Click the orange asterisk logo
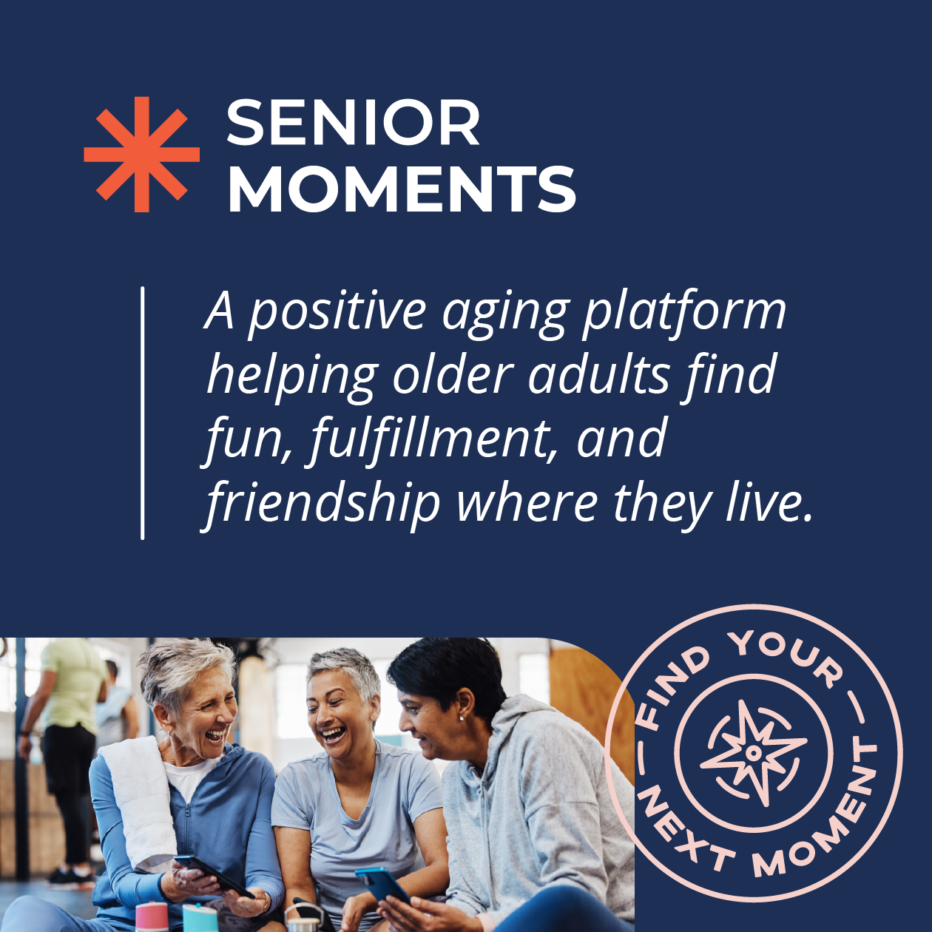141,155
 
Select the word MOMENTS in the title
402,188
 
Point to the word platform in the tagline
684,312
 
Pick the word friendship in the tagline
322,505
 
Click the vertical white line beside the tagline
142,413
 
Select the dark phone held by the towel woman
213,874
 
